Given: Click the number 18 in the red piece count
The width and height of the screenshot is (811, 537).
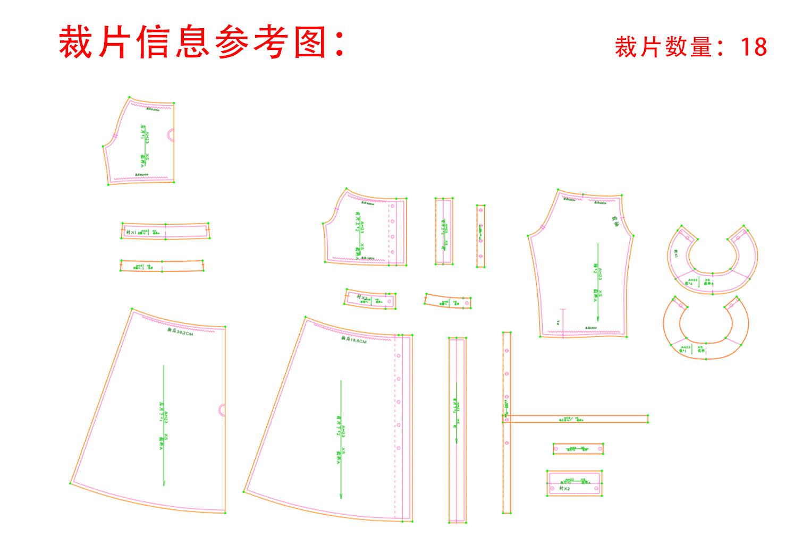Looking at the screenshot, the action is tap(754, 47).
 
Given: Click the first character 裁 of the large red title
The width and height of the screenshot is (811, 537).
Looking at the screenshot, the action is tap(77, 42).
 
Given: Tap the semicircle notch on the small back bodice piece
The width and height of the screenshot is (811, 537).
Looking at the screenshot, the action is tap(171, 134).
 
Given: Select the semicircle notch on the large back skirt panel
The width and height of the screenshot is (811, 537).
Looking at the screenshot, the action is tap(222, 410).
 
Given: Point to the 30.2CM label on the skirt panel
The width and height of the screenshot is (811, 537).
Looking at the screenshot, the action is tap(181, 332).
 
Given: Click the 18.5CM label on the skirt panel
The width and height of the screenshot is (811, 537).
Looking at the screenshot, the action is tap(354, 339).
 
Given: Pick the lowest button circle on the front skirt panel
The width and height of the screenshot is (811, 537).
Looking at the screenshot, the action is tap(399, 448).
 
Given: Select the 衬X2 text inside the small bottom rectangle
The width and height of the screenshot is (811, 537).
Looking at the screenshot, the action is tap(564, 488).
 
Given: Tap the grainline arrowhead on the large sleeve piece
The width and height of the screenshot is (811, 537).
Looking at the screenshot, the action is tap(598, 319).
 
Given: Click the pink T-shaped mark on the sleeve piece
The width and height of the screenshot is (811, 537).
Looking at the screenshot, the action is tap(563, 310).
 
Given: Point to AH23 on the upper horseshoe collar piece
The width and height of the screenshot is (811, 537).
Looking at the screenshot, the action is tap(692, 280).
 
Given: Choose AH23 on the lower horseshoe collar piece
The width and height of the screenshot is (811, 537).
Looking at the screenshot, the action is tap(686, 347).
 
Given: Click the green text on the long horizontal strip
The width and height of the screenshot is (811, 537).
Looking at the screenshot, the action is tap(571, 419).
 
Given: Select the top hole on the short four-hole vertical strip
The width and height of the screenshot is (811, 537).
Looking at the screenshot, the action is tap(481, 210).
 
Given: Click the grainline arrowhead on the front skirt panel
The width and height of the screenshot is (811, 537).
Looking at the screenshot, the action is tap(341, 496).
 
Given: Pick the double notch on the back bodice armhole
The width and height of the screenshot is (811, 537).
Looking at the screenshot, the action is tap(115, 136).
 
